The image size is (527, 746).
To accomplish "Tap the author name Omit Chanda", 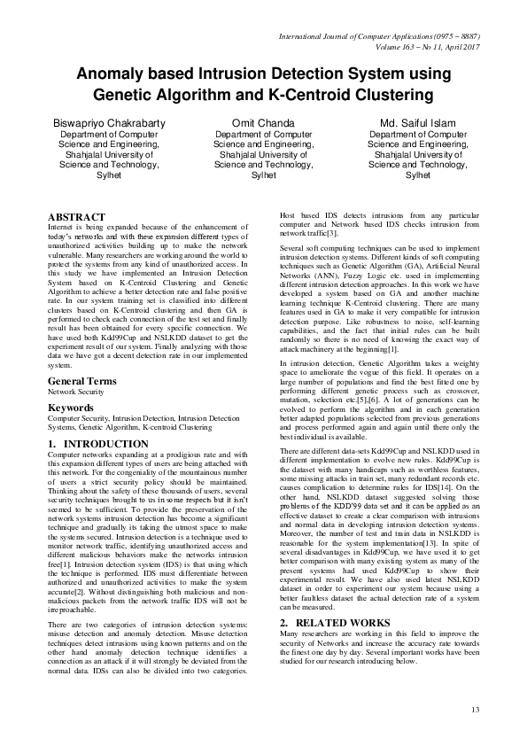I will [263, 122].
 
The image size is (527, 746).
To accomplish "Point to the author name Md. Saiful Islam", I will [417, 122].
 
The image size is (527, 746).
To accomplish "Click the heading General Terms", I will [81, 381].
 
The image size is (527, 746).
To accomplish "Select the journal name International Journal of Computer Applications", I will [359, 35].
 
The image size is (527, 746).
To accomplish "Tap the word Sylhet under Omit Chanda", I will [263, 175].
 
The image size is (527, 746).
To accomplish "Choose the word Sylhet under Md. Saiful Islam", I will [417, 175].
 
